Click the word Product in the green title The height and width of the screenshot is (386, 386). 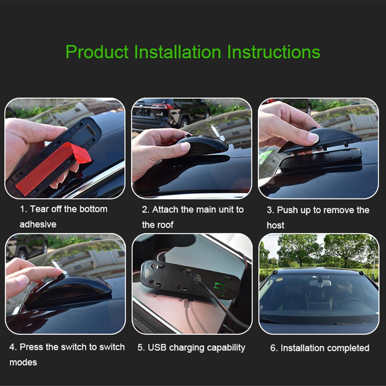point(97,52)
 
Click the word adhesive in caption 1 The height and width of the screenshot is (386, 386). point(38,224)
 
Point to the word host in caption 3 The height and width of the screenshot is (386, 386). point(275,225)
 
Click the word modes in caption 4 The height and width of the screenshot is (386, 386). point(23,362)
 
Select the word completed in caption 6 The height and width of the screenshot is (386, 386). point(347,348)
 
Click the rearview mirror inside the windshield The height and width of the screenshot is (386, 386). point(320,283)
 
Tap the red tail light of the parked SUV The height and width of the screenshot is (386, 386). point(163,106)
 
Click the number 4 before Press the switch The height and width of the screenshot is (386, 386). point(12,347)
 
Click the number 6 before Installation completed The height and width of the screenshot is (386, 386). point(273,348)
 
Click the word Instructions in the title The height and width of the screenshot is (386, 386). point(274,52)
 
